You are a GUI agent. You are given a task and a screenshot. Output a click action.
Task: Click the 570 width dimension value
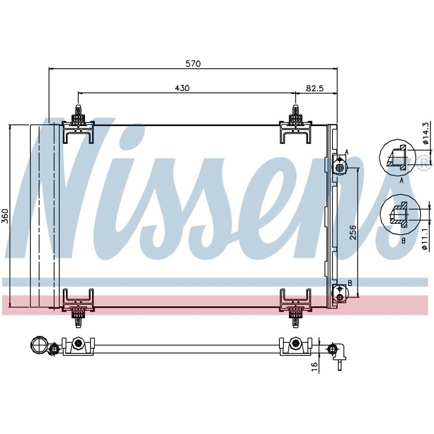pyautogui.click(x=193, y=64)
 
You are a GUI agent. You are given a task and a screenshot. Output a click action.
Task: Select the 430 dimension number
pyautogui.click(x=183, y=88)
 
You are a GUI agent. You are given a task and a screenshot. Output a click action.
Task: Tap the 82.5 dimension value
pyautogui.click(x=314, y=88)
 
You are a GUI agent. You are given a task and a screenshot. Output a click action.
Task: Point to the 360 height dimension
pyautogui.click(x=5, y=216)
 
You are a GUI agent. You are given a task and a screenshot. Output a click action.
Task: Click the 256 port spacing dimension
pyautogui.click(x=352, y=232)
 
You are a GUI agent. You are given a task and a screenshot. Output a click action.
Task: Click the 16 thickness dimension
pyautogui.click(x=314, y=367)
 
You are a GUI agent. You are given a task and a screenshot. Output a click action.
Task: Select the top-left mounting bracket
pyautogui.click(x=78, y=125)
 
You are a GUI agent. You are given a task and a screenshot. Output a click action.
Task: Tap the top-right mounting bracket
pyautogui.click(x=295, y=125)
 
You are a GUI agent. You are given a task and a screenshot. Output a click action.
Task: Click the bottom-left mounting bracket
pyautogui.click(x=78, y=308)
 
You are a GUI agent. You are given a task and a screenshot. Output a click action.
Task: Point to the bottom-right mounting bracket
pyautogui.click(x=295, y=308)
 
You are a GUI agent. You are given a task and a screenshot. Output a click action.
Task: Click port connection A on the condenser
pyautogui.click(x=339, y=165)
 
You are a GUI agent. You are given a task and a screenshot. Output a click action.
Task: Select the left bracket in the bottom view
pyautogui.click(x=78, y=346)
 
